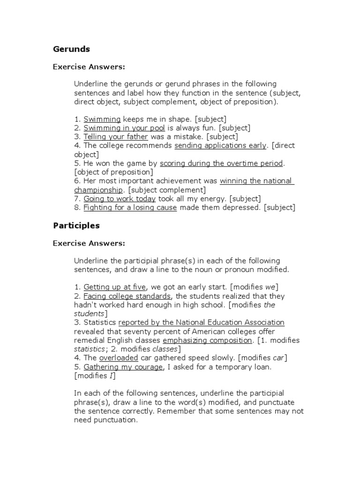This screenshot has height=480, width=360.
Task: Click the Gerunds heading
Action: pyautogui.click(x=71, y=49)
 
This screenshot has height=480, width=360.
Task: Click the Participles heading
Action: pyautogui.click(x=76, y=225)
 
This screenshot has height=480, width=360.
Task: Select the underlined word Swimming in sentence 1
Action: pyautogui.click(x=102, y=119)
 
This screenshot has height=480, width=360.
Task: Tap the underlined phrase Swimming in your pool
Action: pyautogui.click(x=124, y=128)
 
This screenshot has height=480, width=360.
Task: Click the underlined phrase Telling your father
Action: pyautogui.click(x=116, y=137)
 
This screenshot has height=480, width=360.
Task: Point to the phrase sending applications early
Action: pyautogui.click(x=220, y=146)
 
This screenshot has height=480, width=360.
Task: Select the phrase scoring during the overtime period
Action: pyautogui.click(x=221, y=164)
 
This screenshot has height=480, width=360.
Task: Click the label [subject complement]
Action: pyautogui.click(x=167, y=190)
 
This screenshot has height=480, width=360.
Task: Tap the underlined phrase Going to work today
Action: pyautogui.click(x=120, y=199)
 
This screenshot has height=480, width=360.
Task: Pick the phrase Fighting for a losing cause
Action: pyautogui.click(x=130, y=208)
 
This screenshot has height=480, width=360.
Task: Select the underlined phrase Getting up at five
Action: pyautogui.click(x=115, y=287)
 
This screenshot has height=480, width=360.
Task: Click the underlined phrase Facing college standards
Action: pyautogui.click(x=127, y=296)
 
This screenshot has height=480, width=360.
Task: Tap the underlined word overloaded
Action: pyautogui.click(x=119, y=358)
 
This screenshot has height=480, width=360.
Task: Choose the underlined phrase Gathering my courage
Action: pyautogui.click(x=123, y=367)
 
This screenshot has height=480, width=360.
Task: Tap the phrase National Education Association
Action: pyautogui.click(x=230, y=322)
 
